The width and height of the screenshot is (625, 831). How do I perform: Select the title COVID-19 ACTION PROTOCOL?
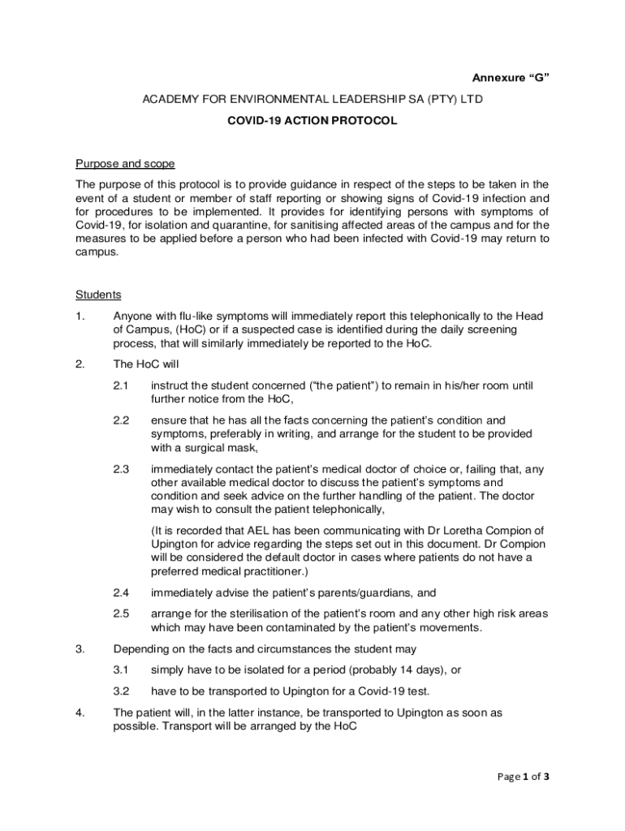(x=312, y=121)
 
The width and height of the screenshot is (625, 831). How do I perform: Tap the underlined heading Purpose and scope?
(x=125, y=164)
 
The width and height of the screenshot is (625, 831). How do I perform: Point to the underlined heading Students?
(x=98, y=295)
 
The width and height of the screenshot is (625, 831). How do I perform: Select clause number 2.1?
(x=122, y=385)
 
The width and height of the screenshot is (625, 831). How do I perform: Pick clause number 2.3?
(x=122, y=468)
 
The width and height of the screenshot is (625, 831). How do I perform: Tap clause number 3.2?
(x=122, y=691)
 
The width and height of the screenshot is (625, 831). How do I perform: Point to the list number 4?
(x=80, y=712)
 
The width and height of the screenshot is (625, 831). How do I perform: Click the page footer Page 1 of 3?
(x=524, y=777)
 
